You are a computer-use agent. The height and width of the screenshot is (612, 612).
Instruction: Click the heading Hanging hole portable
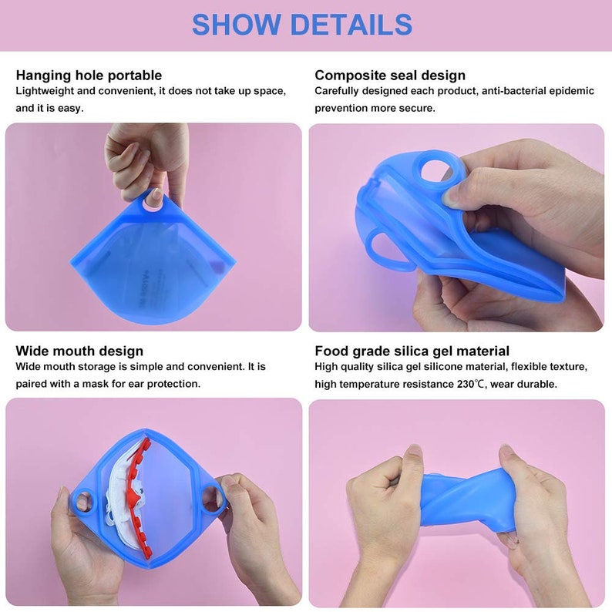pos(89,75)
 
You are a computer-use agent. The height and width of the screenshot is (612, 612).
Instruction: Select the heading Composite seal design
pos(390,75)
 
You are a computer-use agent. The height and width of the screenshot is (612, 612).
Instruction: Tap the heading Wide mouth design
pos(79,351)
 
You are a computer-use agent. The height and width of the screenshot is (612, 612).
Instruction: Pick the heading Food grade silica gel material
pos(412,351)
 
